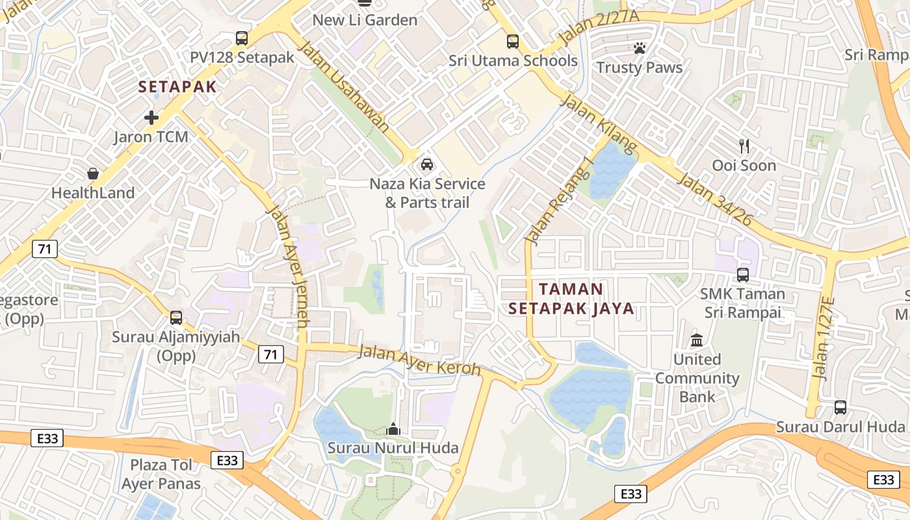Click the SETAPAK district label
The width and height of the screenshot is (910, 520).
[177, 86]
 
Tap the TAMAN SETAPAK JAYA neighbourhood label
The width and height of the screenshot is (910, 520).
[571, 298]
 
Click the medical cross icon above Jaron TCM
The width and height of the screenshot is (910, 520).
[151, 118]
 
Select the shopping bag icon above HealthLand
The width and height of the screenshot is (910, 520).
[93, 174]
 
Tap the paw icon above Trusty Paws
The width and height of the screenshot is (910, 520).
[640, 48]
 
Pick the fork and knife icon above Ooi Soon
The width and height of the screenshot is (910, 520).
[744, 146]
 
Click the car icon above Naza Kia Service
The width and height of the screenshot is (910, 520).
[427, 164]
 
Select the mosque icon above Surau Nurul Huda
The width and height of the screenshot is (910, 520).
[393, 429]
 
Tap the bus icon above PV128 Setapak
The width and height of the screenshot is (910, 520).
[242, 38]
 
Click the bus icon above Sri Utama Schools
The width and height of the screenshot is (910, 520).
[513, 42]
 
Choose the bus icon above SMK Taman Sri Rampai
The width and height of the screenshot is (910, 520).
[743, 275]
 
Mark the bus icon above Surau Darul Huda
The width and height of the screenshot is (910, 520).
[840, 408]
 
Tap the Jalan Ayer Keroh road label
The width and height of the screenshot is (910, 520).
[419, 361]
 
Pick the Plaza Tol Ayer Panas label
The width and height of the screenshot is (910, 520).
[161, 474]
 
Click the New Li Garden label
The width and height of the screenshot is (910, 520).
[365, 19]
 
